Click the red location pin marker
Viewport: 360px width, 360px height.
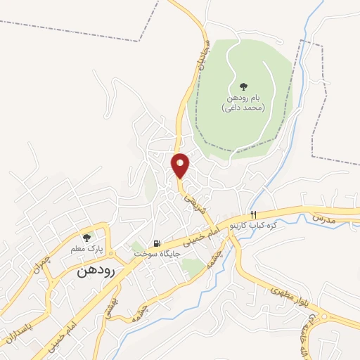coord(180,166)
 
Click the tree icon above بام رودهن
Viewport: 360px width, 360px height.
coord(243,85)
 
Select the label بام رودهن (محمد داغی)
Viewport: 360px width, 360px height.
coord(243,103)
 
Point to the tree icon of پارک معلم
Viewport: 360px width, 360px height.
coord(87,237)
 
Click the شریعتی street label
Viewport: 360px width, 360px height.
coord(194,202)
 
